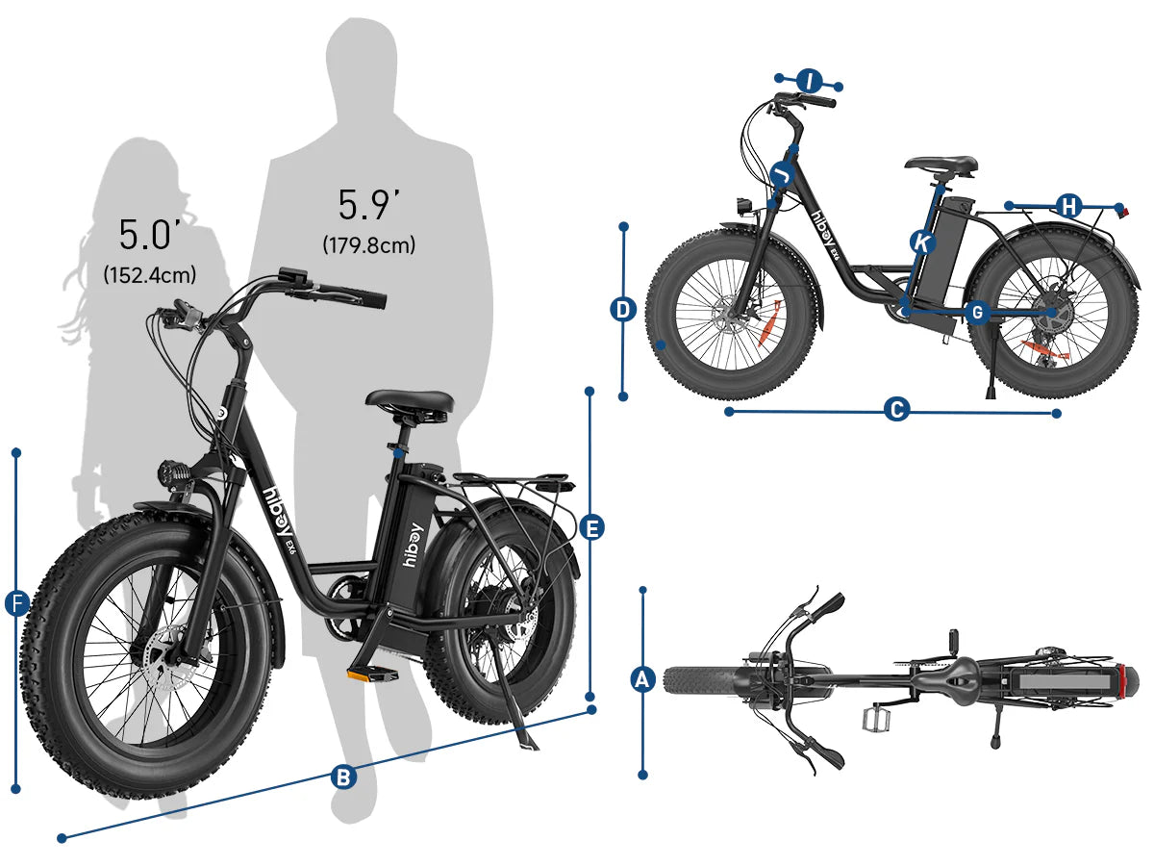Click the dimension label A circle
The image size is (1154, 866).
[642, 680]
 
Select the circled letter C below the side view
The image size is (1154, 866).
[896, 409]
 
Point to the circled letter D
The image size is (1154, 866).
[623, 309]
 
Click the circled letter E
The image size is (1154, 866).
[591, 528]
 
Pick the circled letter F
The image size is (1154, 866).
[16, 603]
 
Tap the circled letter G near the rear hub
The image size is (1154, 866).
[977, 313]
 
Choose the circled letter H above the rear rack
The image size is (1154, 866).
[1068, 206]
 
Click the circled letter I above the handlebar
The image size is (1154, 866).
[809, 82]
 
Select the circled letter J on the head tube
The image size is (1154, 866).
[783, 173]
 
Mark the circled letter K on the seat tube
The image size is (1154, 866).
[922, 242]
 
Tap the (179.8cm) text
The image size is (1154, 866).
[369, 245]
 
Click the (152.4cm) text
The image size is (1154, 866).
[150, 275]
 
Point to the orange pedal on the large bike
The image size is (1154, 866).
[372, 675]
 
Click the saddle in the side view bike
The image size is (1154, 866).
[941, 165]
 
